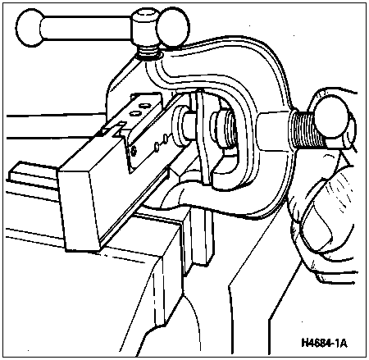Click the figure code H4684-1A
click(324, 342)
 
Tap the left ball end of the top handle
click(30, 28)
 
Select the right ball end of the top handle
click(172, 27)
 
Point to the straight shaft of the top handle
click(87, 28)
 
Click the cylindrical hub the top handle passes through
click(145, 28)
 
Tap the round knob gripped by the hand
click(332, 119)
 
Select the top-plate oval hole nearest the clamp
click(144, 105)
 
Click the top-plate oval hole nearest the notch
click(134, 113)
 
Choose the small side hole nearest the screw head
click(157, 147)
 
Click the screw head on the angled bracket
click(134, 151)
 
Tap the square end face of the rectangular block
click(80, 209)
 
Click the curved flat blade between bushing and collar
click(203, 137)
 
